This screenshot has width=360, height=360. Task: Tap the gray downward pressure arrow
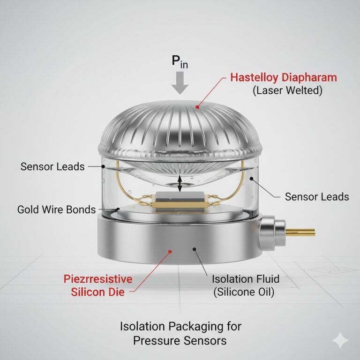[x=180, y=82]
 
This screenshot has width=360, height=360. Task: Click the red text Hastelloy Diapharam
[x=284, y=78]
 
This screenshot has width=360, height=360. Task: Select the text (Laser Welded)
[x=287, y=90]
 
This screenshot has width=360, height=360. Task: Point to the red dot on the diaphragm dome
[x=197, y=107]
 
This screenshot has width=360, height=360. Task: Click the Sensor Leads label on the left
[x=52, y=166]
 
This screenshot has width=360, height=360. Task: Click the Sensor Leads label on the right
[x=317, y=197]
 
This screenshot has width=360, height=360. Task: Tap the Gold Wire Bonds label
[x=56, y=210]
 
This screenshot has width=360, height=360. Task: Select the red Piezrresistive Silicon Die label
[x=98, y=285]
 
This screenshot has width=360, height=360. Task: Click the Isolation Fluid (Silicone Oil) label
[x=246, y=285]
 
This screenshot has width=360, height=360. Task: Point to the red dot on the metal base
[x=170, y=252]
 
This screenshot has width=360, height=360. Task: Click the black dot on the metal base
[x=195, y=249]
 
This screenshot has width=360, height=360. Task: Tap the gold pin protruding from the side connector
[x=300, y=232]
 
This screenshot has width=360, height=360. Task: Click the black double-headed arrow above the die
[x=180, y=183]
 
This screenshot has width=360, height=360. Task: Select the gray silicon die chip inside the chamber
[x=180, y=197]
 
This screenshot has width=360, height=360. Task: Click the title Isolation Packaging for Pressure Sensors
[x=180, y=333]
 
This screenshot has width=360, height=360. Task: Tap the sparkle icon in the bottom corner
[x=340, y=340]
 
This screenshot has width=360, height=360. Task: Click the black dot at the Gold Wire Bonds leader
[x=118, y=209]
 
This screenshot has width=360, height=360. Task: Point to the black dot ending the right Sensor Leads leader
[x=252, y=179]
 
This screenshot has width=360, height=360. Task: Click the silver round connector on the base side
[x=272, y=233]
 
